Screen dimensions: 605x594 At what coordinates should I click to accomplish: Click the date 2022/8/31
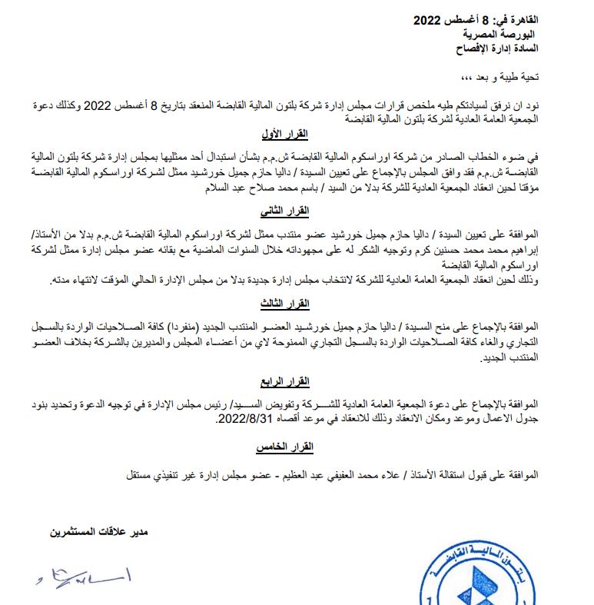coord(245,419)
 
